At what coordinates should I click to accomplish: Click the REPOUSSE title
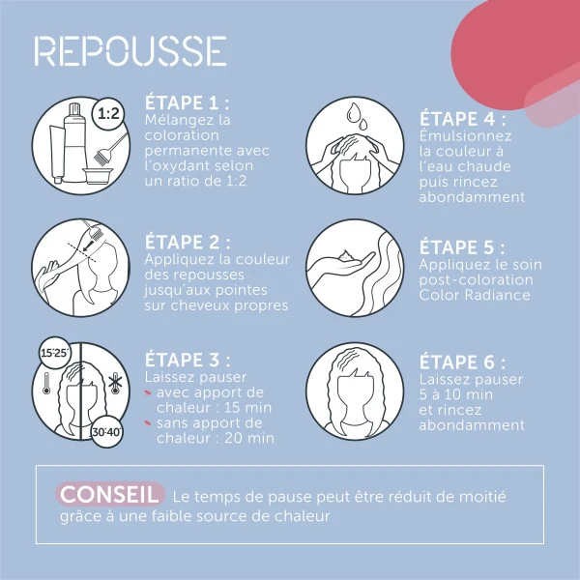click(x=130, y=52)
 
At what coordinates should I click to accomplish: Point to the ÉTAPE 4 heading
click(x=462, y=119)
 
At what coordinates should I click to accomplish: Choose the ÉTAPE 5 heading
click(x=462, y=247)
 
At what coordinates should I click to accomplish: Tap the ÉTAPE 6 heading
click(x=462, y=362)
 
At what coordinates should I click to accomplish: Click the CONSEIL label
click(x=108, y=494)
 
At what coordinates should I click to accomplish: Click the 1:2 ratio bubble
click(x=108, y=114)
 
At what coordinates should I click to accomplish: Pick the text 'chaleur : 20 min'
click(x=214, y=438)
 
